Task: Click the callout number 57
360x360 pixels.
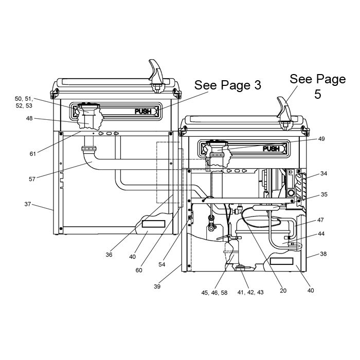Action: coord(32,179)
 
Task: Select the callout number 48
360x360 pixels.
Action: coord(29,118)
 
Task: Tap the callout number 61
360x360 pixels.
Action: coord(33,154)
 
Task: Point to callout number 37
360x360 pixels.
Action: coord(28,204)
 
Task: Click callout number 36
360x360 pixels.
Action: coord(109,255)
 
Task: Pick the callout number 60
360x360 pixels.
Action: coord(139,270)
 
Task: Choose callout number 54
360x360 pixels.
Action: coord(162,264)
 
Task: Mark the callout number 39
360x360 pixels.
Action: coord(157,286)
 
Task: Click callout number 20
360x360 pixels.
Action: coord(283,291)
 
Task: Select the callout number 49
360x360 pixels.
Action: coord(321,139)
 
